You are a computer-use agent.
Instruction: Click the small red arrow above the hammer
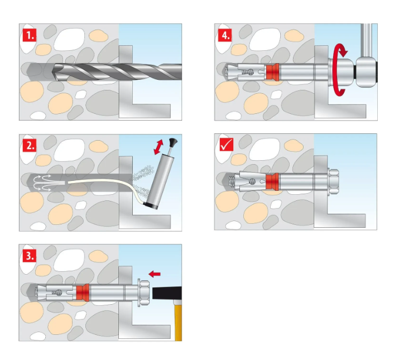(x=157, y=274)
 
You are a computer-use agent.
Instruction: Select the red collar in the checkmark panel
(x=272, y=182)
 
